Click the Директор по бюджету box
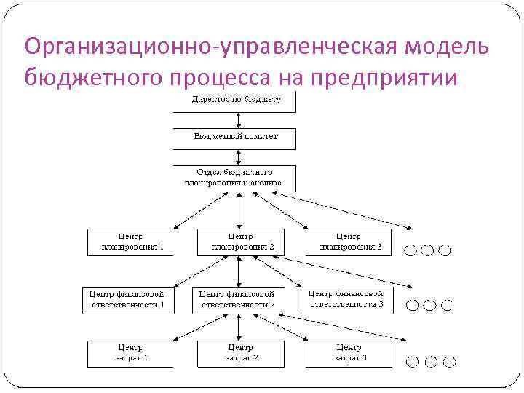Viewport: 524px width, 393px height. point(234,102)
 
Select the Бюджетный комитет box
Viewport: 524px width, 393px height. point(234,138)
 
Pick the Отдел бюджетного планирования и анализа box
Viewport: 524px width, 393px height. point(234,176)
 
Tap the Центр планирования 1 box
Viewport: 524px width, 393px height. point(131,242)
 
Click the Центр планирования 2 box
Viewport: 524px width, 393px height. point(240,242)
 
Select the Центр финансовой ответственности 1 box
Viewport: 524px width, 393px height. point(129,300)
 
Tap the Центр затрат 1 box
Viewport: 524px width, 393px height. point(131,354)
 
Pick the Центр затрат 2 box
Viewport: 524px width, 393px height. point(240,354)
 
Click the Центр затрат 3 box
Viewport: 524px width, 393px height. point(349,354)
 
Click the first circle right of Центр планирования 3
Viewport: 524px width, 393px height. point(411,250)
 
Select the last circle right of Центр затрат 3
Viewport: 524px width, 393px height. point(449,360)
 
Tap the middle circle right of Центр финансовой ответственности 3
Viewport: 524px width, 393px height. point(429,306)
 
